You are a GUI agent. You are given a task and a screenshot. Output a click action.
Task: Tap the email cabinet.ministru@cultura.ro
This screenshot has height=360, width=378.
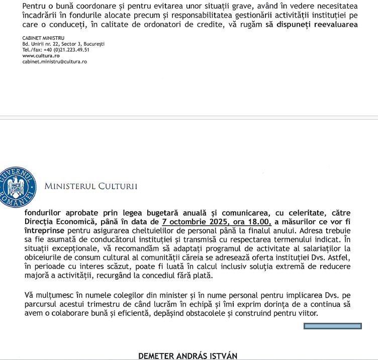[55, 61]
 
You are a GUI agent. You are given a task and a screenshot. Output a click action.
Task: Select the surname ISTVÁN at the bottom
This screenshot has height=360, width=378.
[220, 356]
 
